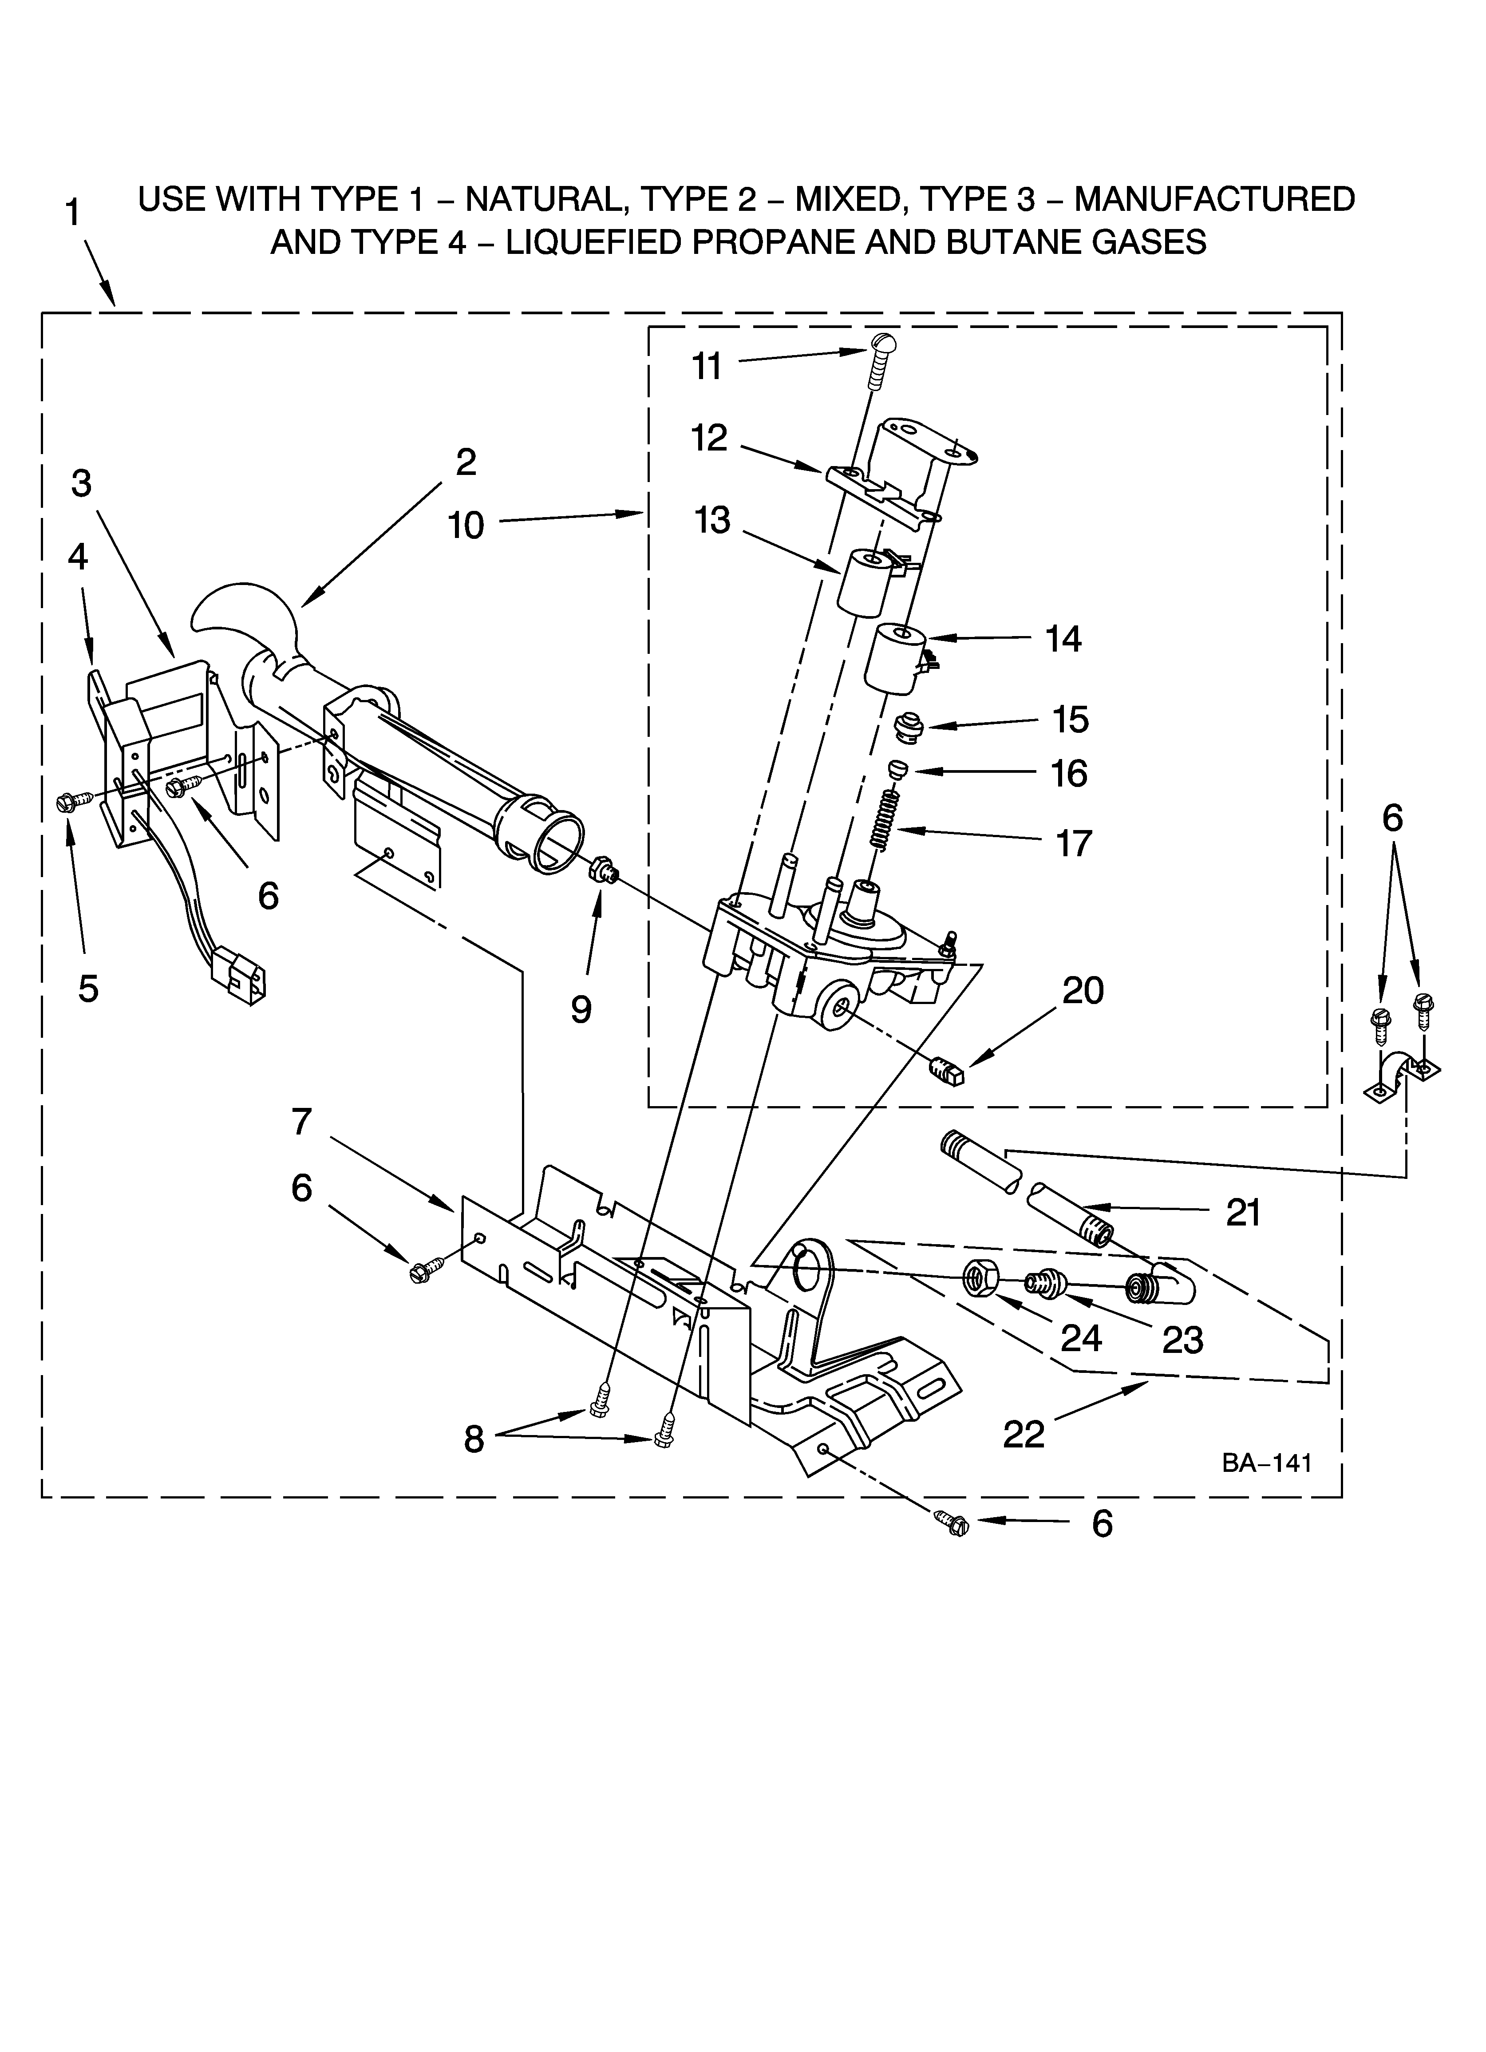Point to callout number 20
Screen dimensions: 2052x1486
pos(1083,991)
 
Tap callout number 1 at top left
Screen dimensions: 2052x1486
pos(72,214)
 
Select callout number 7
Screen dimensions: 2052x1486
pos(301,1122)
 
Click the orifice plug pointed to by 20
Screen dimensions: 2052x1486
pos(948,1070)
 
